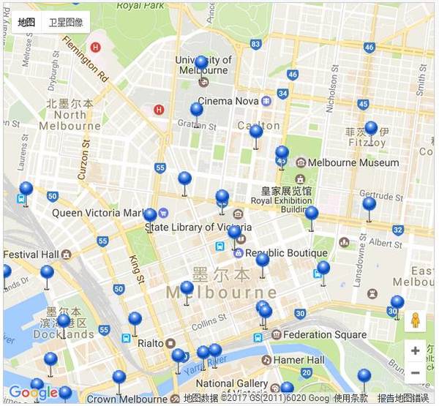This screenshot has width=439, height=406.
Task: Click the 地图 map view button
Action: [27, 23]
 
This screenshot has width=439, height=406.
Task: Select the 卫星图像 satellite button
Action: [65, 23]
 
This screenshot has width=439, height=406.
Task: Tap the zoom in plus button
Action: [416, 350]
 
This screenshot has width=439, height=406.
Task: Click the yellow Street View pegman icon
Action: [416, 321]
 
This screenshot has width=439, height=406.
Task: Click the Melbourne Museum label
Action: [353, 162]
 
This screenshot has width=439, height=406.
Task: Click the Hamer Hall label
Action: [299, 360]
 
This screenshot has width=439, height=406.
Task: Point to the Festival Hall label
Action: [31, 255]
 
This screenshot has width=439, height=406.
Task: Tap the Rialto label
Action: [150, 342]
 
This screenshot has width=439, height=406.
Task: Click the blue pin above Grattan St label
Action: [196, 110]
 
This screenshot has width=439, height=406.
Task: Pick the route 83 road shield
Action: [255, 44]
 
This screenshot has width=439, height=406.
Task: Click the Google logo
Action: [34, 393]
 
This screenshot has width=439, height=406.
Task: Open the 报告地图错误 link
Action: [403, 398]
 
